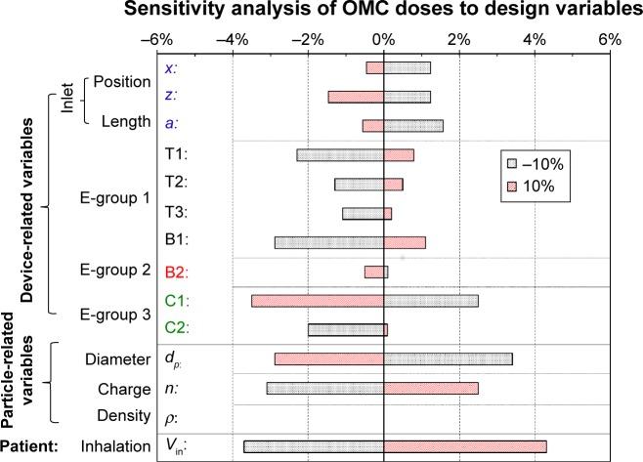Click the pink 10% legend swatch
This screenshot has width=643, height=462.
tap(511, 186)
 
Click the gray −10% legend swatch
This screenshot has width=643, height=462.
tap(511, 162)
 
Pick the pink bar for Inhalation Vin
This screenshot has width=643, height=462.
tap(465, 446)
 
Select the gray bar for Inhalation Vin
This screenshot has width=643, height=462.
tap(314, 446)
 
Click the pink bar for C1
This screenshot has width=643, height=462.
tap(318, 301)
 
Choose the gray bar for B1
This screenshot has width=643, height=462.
tap(329, 242)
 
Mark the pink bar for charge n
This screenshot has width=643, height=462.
tap(431, 388)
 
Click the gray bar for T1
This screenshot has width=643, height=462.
tap(340, 154)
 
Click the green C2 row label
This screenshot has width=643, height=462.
tap(177, 329)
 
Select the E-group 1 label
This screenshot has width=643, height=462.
tap(115, 198)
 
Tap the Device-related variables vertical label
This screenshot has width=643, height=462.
tap(29, 209)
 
